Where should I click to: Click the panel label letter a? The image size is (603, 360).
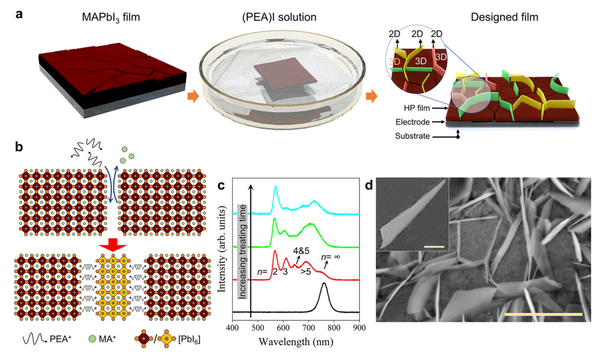pos(19,14)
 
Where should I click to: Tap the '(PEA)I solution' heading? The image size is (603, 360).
pos(278,18)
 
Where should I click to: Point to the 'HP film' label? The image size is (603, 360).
pos(407,108)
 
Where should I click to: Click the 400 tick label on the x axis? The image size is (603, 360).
pos(232,328)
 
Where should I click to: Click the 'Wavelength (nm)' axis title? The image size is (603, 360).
pos(295,342)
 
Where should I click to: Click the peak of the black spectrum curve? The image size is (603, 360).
pos(324,284)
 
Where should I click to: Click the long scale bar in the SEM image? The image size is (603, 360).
pos(543,314)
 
